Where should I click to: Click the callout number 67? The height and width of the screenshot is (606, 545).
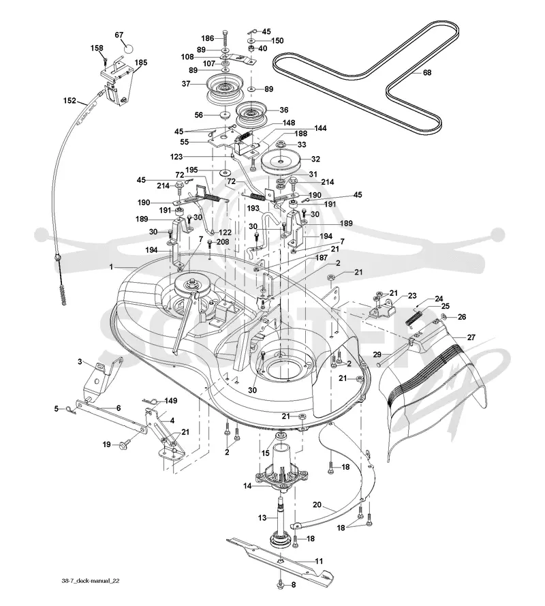pos(119,35)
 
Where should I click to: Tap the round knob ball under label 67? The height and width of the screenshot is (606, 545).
pos(128,49)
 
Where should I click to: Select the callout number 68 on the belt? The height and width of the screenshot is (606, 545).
pos(427,72)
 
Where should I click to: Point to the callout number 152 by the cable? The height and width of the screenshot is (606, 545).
pos(69,100)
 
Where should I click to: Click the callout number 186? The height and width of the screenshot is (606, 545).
pos(208,38)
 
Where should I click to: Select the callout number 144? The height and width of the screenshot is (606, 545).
pos(320,128)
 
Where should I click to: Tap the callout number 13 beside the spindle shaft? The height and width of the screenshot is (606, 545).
pos(262,517)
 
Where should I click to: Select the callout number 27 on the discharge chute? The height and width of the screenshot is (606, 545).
pos(471,337)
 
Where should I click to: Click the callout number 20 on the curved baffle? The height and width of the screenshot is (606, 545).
pos(317,504)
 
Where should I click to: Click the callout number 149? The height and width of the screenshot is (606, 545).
pos(171,400)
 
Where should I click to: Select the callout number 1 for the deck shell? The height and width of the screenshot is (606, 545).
pos(111,267)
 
